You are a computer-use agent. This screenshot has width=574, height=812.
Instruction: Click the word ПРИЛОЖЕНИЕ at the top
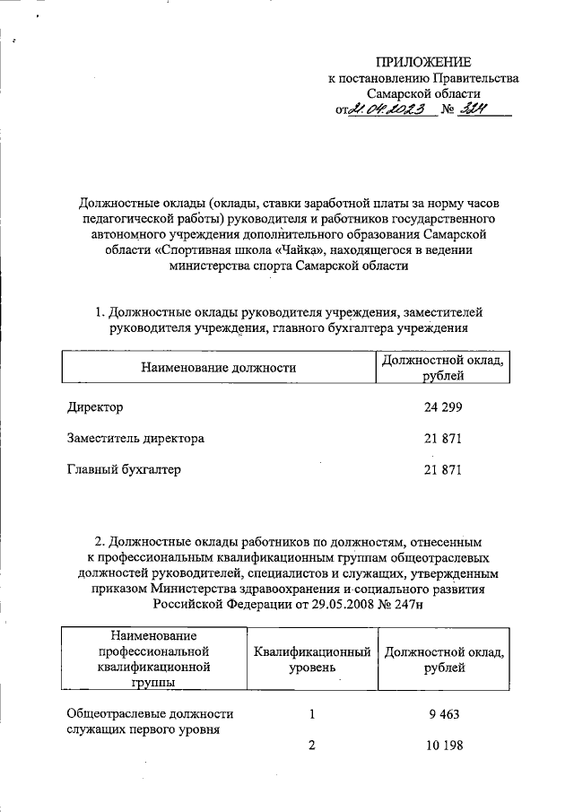pyautogui.click(x=423, y=61)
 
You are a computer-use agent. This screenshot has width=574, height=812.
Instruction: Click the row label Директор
pyautogui.click(x=95, y=407)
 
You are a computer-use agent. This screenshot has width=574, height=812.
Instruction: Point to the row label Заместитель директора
pyautogui.click(x=135, y=439)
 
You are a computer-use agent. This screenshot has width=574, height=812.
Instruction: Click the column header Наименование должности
pyautogui.click(x=218, y=367)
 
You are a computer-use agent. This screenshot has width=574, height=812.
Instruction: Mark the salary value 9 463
pyautogui.click(x=446, y=714)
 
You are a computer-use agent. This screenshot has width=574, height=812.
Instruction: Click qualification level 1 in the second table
pyautogui.click(x=312, y=714)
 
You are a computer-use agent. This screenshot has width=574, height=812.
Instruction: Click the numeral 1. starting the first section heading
pyautogui.click(x=100, y=312)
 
